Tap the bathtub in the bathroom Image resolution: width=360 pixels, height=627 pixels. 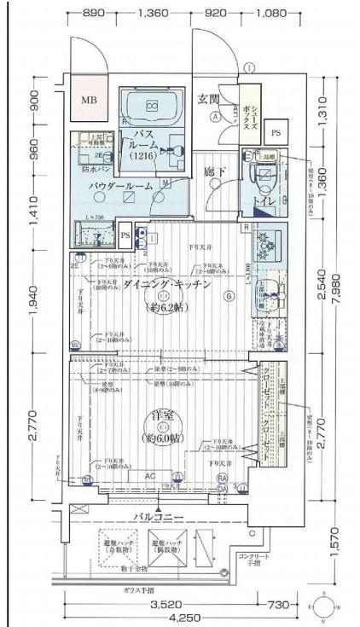(152, 106)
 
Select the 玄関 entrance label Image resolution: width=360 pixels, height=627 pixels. (210, 99)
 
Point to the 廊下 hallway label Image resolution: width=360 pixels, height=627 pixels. (213, 171)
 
